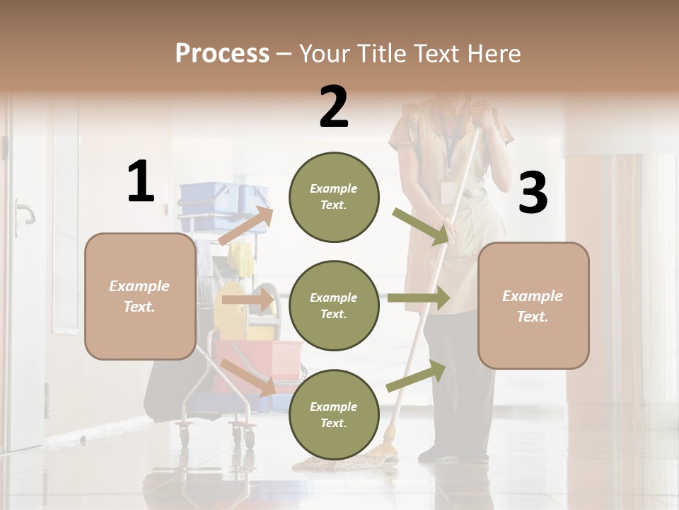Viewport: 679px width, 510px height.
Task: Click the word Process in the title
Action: coord(222,54)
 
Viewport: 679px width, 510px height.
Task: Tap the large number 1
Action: coord(141,182)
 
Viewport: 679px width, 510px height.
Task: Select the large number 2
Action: coord(334,107)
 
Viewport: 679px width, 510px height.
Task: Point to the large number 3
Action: coord(533,193)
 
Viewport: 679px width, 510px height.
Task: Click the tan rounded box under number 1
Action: coord(140,296)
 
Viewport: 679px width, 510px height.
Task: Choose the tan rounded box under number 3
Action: coord(533,305)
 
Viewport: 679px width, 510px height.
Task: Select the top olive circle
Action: coord(334,197)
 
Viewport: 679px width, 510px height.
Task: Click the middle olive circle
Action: coord(334,305)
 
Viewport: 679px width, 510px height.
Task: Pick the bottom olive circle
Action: coord(334,414)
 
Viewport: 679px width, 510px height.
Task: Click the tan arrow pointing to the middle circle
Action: coord(248,300)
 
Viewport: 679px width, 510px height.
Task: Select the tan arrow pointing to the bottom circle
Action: coord(248,377)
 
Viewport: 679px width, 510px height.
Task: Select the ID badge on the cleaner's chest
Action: coord(447,191)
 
